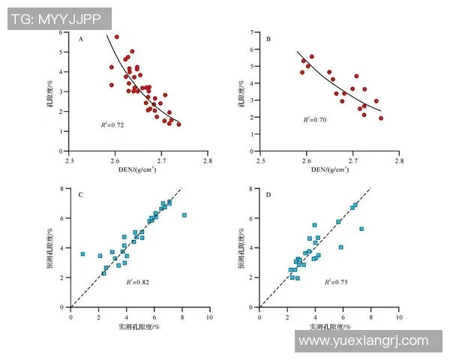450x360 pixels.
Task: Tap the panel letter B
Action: pyautogui.click(x=268, y=39)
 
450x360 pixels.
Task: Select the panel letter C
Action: pyautogui.click(x=81, y=195)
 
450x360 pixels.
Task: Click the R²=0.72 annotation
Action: pyautogui.click(x=112, y=124)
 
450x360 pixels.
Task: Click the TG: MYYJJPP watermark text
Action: pyautogui.click(x=58, y=19)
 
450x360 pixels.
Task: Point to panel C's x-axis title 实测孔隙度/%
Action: pyautogui.click(x=139, y=328)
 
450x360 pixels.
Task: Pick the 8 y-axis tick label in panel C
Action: pyautogui.click(x=64, y=189)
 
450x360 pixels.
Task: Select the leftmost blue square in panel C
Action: pyautogui.click(x=82, y=254)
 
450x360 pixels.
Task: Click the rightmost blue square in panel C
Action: pyautogui.click(x=184, y=215)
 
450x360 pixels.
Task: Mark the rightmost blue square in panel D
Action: pyautogui.click(x=361, y=229)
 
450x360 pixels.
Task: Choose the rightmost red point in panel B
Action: pyautogui.click(x=381, y=118)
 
